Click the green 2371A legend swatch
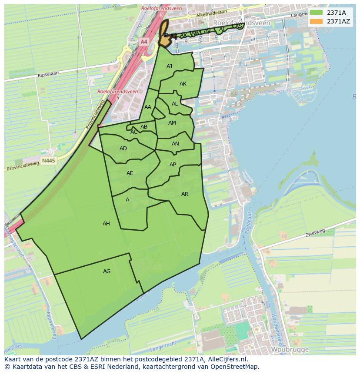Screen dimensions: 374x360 pos(316,13)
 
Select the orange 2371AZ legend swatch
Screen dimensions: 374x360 pos(316,21)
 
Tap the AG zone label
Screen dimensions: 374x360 pos(107,271)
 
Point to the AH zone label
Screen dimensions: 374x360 pos(106,224)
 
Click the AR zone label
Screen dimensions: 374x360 pos(185,194)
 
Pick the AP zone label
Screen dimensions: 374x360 pos(173,165)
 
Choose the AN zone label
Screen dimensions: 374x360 pos(175,144)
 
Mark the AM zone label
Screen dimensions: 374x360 pos(172,123)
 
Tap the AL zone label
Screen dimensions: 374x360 pos(175,104)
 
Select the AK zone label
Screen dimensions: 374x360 pos(183,84)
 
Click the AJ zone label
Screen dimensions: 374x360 pos(170,66)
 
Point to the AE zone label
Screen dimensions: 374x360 pos(130,173)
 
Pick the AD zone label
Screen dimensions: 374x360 pos(123,149)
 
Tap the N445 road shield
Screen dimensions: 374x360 pos(49,161)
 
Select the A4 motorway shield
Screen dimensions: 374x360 pos(144,42)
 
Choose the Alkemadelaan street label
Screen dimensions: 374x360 pos(212,14)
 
